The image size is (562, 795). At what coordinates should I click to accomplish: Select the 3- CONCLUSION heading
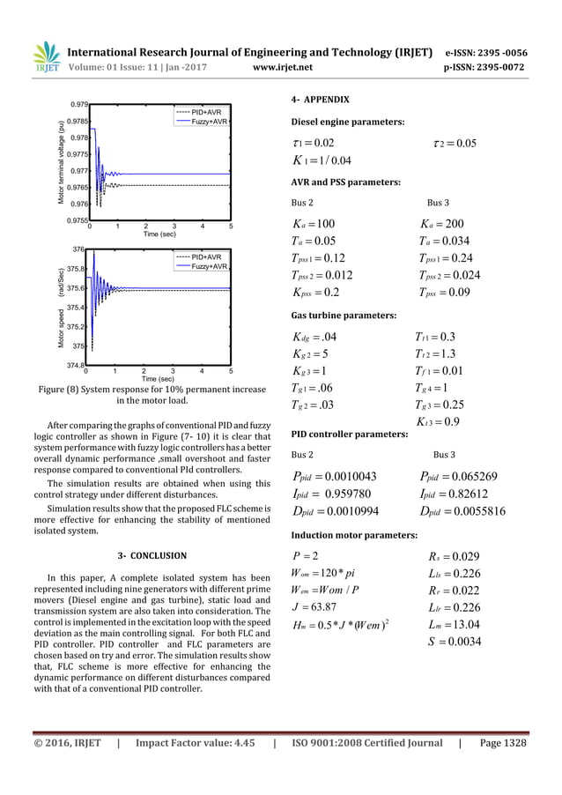[x=152, y=555]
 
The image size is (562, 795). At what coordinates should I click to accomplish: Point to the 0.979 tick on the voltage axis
[x=78, y=105]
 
